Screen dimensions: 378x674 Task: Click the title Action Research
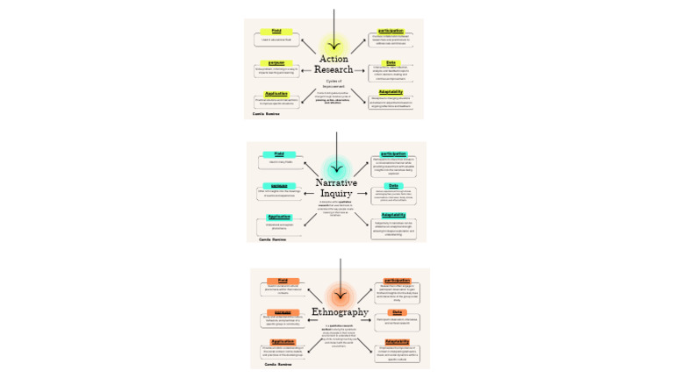[336, 64]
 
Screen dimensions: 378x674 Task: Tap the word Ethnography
[341, 311]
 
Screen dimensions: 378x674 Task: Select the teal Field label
[279, 154]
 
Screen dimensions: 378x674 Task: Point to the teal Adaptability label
[393, 215]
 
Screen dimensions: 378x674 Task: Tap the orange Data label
[397, 311]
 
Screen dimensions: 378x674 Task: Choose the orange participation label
[397, 281]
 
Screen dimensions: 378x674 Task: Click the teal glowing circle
[336, 168]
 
